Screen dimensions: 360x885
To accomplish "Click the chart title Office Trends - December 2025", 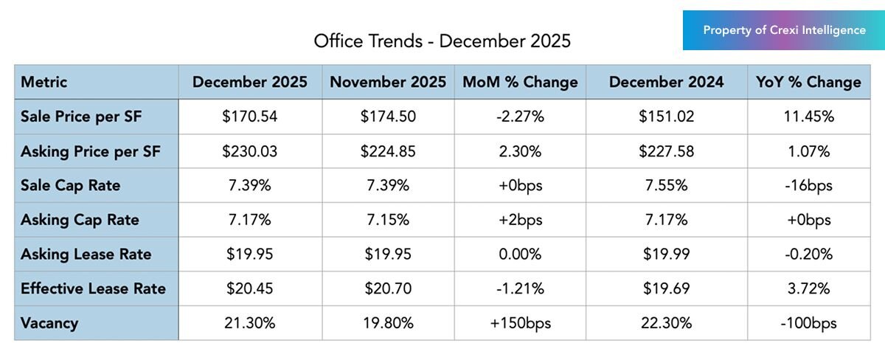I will pos(442,41).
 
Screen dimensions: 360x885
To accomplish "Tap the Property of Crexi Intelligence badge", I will pos(784,30).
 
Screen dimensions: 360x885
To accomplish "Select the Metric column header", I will pos(44,82).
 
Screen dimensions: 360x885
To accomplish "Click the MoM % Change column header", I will pos(520,82).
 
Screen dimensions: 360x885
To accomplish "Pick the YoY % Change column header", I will pos(808,82).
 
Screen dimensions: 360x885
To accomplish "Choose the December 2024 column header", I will pos(667,82).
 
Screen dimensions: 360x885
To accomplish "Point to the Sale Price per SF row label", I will pos(81,117).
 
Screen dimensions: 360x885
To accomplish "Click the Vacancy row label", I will pos(49,323).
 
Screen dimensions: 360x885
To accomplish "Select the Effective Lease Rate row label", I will pos(94,288).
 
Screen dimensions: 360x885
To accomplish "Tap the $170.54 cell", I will pos(249,117).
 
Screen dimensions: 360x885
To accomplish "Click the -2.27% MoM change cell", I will pos(520,117).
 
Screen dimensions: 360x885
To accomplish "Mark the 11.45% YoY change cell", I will pos(808,117).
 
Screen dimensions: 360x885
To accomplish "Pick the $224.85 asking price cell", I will pos(388,151).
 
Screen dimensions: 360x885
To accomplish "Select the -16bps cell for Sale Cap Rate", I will pos(808,185).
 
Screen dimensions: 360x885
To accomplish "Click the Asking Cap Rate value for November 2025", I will pos(388,220).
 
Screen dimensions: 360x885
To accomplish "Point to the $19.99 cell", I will pos(667,255).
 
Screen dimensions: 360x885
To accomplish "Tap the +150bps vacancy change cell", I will pos(520,323).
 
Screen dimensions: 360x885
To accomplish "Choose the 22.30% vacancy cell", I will pos(667,323).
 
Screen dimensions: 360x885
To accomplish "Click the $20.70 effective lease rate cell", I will pos(388,288).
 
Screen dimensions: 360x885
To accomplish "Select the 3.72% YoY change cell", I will pos(808,288).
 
